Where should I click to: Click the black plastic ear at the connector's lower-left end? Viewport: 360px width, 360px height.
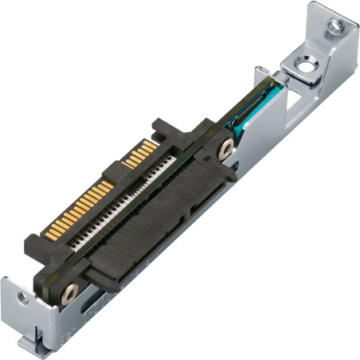[36, 243]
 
